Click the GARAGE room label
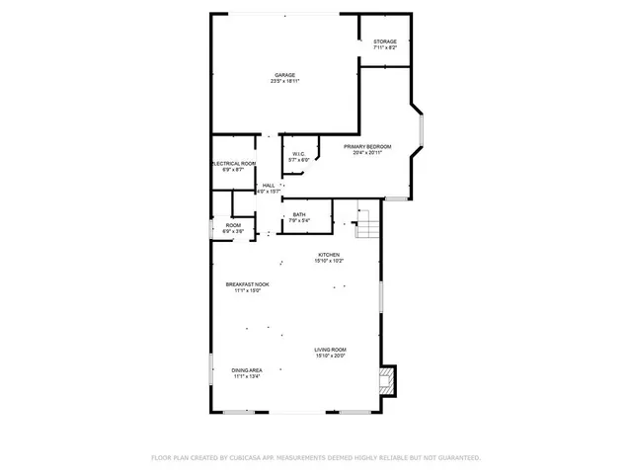(284, 75)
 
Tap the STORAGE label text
(385, 41)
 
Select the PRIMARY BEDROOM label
(367, 146)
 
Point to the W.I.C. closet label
(298, 153)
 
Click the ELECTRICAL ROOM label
(233, 164)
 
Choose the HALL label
(269, 186)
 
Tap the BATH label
(297, 214)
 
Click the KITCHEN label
(328, 255)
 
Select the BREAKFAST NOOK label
(246, 284)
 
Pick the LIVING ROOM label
(330, 350)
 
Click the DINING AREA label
(246, 370)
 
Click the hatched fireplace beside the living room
(388, 379)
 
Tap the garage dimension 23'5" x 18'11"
(284, 81)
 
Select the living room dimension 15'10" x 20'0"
(330, 355)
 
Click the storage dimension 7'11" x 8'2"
(385, 47)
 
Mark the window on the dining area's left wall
(210, 373)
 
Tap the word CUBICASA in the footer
(252, 458)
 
